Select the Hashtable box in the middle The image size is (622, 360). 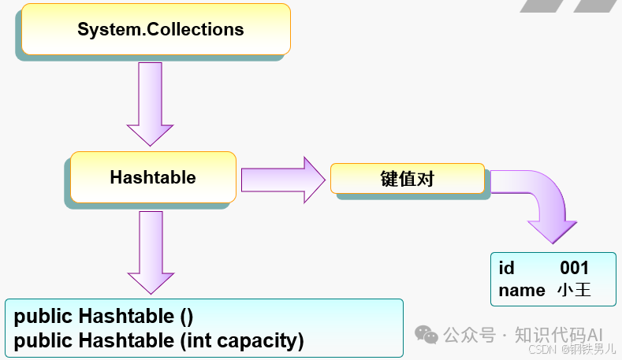pyautogui.click(x=153, y=177)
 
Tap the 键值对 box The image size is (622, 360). pyautogui.click(x=407, y=178)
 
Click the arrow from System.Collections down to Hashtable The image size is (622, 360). pyautogui.click(x=150, y=103)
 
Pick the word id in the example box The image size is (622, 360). pyautogui.click(x=506, y=269)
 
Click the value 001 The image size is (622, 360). pyautogui.click(x=574, y=269)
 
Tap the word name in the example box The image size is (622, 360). pyautogui.click(x=522, y=290)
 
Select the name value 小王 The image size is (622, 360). pyautogui.click(x=573, y=290)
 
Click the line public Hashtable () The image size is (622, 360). pyautogui.click(x=103, y=317)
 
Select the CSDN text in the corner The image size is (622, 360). pyautogui.click(x=543, y=349)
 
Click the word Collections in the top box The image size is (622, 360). pyautogui.click(x=196, y=30)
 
